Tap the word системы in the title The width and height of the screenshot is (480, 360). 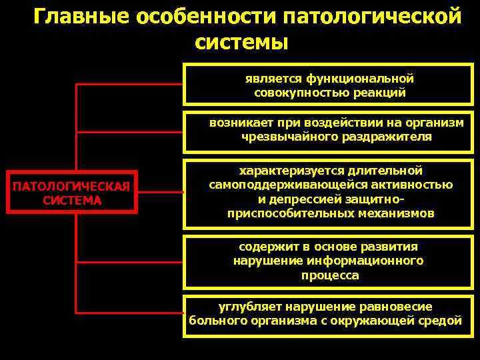click(242, 41)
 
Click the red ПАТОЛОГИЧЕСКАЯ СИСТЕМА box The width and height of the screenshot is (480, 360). click(72, 192)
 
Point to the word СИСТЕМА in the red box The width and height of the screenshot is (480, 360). click(72, 200)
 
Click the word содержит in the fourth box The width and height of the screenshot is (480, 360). click(265, 246)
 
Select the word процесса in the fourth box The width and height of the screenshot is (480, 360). click(329, 275)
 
